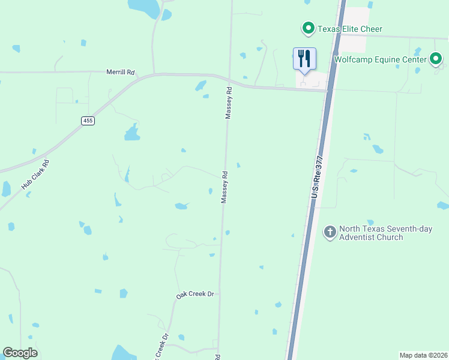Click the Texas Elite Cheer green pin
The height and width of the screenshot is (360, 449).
(308, 28)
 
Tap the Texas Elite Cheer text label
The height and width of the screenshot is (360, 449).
(349, 29)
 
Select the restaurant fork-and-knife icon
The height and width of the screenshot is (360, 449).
(304, 59)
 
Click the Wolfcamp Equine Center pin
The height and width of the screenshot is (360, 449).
(436, 59)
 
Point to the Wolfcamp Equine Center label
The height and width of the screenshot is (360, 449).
(381, 59)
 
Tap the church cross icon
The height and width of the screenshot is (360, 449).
(330, 231)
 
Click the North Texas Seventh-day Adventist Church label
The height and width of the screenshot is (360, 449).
(370, 233)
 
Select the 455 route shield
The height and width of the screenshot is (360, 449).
(88, 121)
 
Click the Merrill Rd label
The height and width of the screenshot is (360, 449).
(121, 71)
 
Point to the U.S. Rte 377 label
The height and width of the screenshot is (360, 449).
(317, 177)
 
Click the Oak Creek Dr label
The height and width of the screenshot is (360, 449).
(195, 295)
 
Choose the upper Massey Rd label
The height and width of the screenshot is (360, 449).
(228, 103)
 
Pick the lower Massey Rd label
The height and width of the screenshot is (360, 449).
(224, 188)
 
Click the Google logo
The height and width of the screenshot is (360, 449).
(20, 353)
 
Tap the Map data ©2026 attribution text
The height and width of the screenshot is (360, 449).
(423, 355)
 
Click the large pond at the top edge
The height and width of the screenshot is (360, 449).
(145, 7)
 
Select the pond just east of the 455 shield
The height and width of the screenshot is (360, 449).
(132, 133)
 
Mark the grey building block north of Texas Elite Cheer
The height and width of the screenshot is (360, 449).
(357, 20)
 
